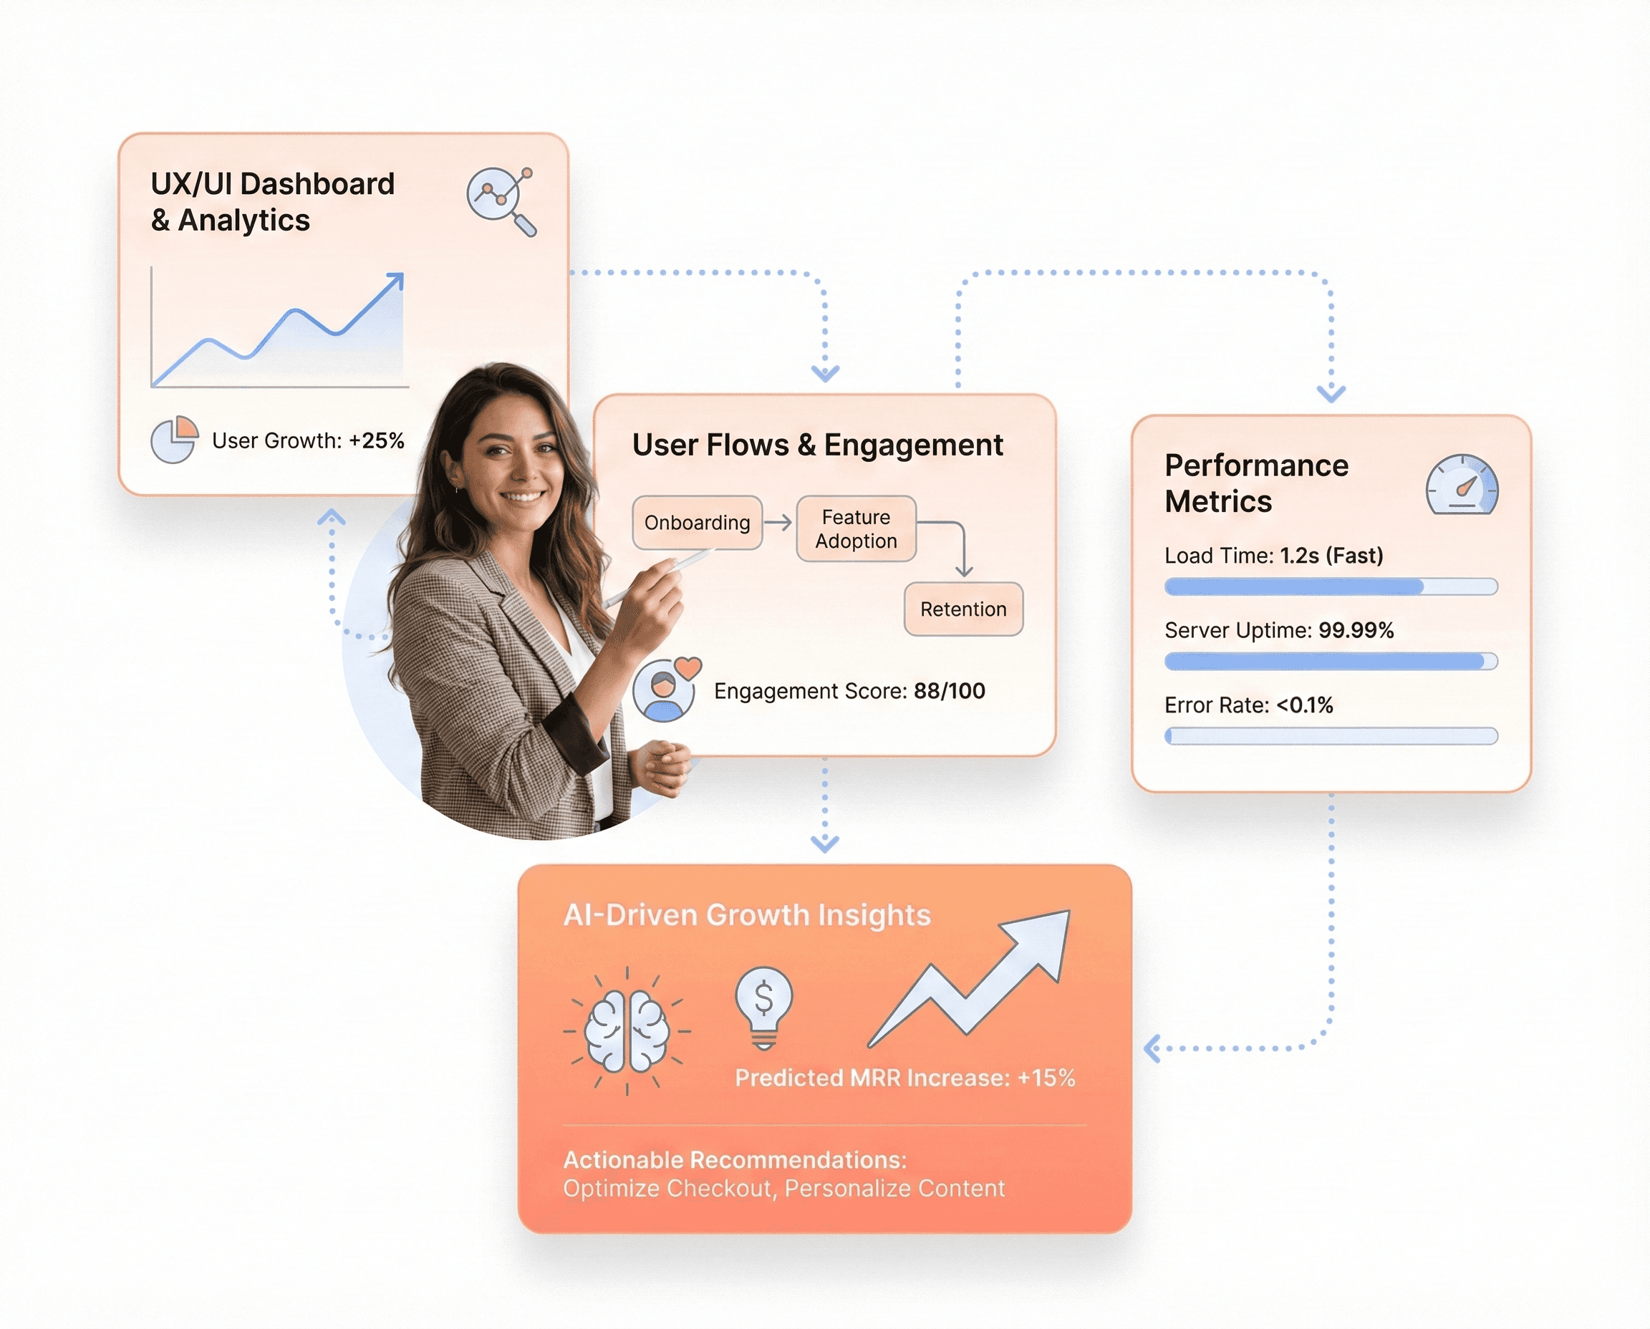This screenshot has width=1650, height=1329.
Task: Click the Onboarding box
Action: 697,523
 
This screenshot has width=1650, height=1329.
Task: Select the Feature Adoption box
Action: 856,529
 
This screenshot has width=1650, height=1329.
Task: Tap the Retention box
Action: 963,609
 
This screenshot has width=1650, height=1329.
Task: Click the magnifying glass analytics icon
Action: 501,200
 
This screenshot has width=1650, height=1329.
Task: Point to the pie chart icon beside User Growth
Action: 175,440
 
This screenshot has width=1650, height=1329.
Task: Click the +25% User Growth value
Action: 376,441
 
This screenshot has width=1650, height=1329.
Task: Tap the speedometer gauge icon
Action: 1462,485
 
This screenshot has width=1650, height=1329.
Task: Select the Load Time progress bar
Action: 1331,587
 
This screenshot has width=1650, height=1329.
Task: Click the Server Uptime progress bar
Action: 1331,662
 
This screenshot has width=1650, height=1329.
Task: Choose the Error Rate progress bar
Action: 1331,736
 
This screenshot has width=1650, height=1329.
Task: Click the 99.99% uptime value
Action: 1356,631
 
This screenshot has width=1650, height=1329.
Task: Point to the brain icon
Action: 627,1030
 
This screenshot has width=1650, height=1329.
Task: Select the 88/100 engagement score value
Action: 950,691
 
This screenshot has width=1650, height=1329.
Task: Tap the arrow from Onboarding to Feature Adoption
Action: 778,522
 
